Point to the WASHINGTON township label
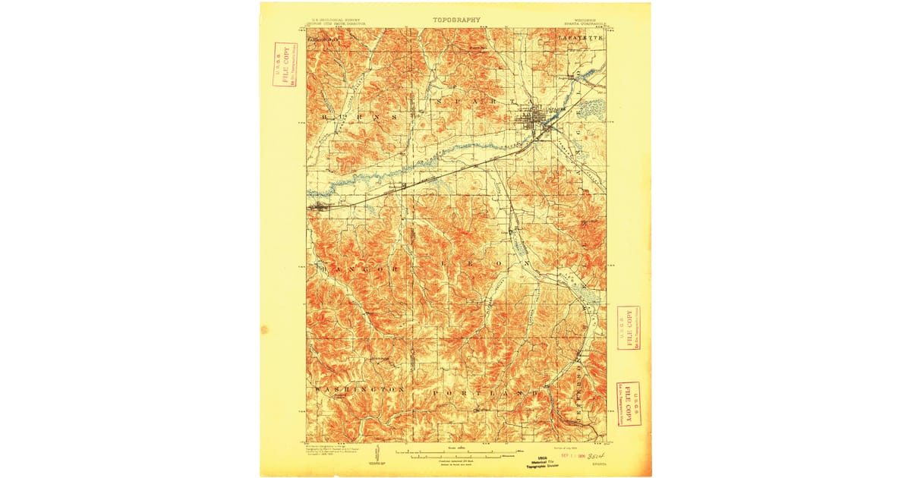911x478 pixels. pyautogui.click(x=356, y=388)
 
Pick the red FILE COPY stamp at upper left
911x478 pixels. pyautogui.click(x=285, y=65)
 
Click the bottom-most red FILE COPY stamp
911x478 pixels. pyautogui.click(x=629, y=404)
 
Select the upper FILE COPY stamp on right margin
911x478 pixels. pyautogui.click(x=629, y=328)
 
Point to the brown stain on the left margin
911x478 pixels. pyautogui.click(x=264, y=330)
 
